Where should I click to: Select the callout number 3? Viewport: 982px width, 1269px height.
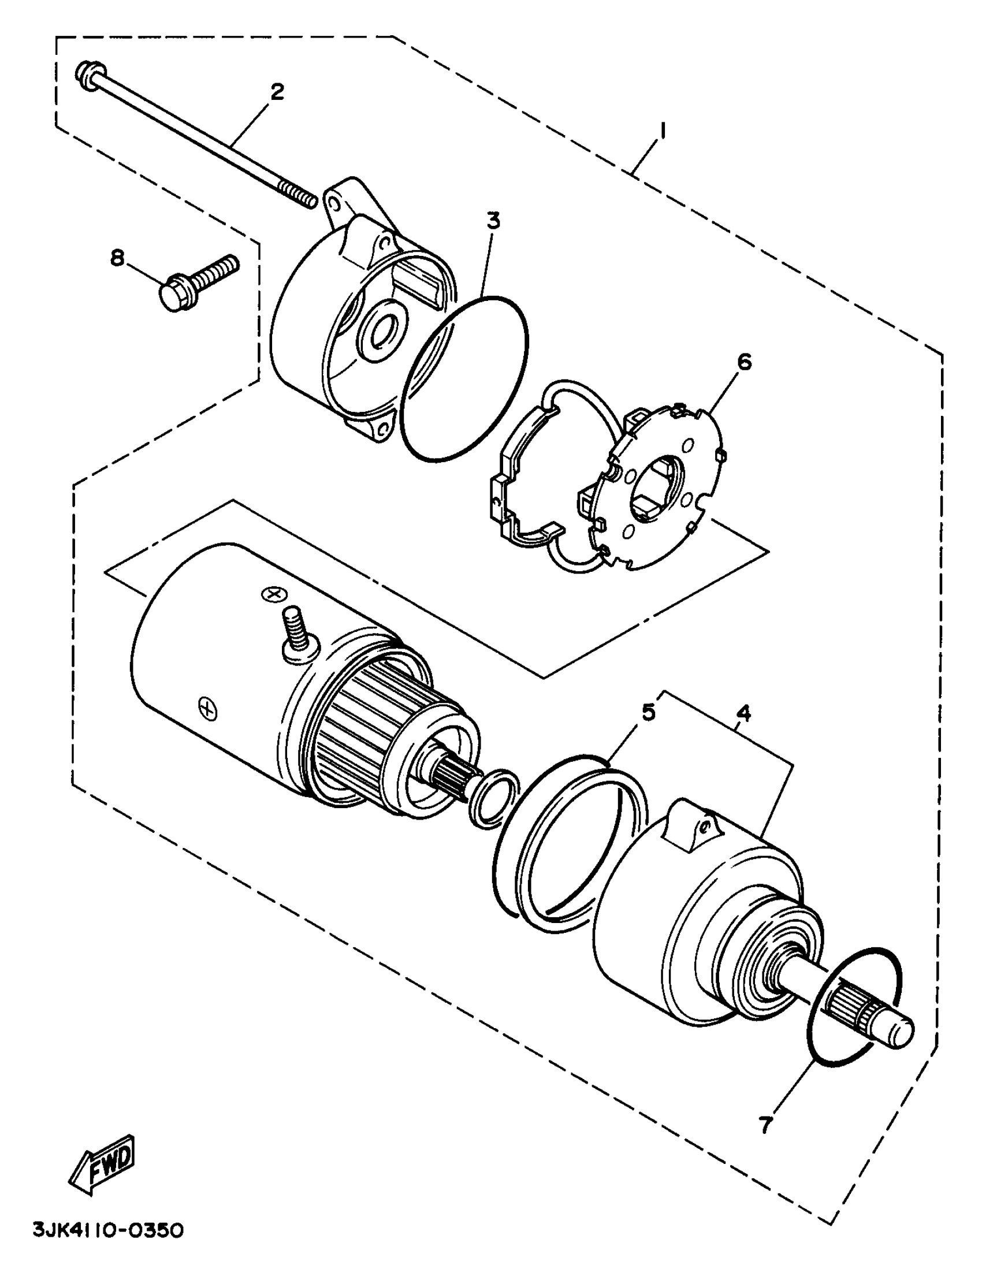(493, 221)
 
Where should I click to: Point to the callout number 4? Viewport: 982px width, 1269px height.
(743, 712)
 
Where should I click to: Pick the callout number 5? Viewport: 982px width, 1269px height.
(648, 711)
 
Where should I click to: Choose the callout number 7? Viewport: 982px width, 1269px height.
(765, 1125)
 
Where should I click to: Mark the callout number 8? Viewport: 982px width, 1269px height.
(118, 259)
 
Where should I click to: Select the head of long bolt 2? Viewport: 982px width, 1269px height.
(87, 76)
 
